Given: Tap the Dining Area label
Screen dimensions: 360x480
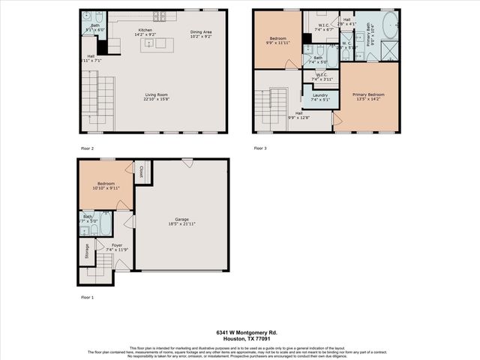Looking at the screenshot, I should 201,31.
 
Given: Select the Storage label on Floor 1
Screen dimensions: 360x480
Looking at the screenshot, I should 87,250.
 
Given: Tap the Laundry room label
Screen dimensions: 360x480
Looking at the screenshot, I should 319,94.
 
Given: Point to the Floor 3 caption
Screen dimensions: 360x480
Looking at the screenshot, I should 260,148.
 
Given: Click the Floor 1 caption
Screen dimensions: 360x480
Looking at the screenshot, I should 87,297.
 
